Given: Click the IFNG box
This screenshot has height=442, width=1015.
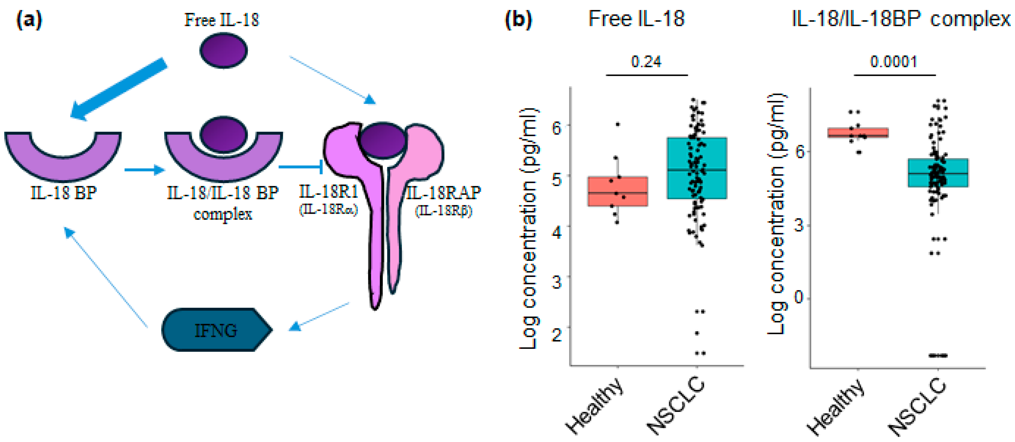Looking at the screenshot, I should (216, 330).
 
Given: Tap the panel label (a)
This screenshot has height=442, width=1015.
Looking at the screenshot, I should (29, 20).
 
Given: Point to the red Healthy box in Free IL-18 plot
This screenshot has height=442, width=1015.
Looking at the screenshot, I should (617, 191).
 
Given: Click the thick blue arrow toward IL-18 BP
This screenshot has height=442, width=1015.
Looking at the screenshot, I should (118, 88).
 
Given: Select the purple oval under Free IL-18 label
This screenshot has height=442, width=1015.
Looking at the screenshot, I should (223, 50).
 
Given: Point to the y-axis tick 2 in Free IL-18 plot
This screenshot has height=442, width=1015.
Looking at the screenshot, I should (557, 335).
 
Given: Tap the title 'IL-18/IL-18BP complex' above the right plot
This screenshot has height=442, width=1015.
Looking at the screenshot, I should (901, 19).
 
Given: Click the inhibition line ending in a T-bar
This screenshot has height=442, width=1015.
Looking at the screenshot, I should (301, 167).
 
